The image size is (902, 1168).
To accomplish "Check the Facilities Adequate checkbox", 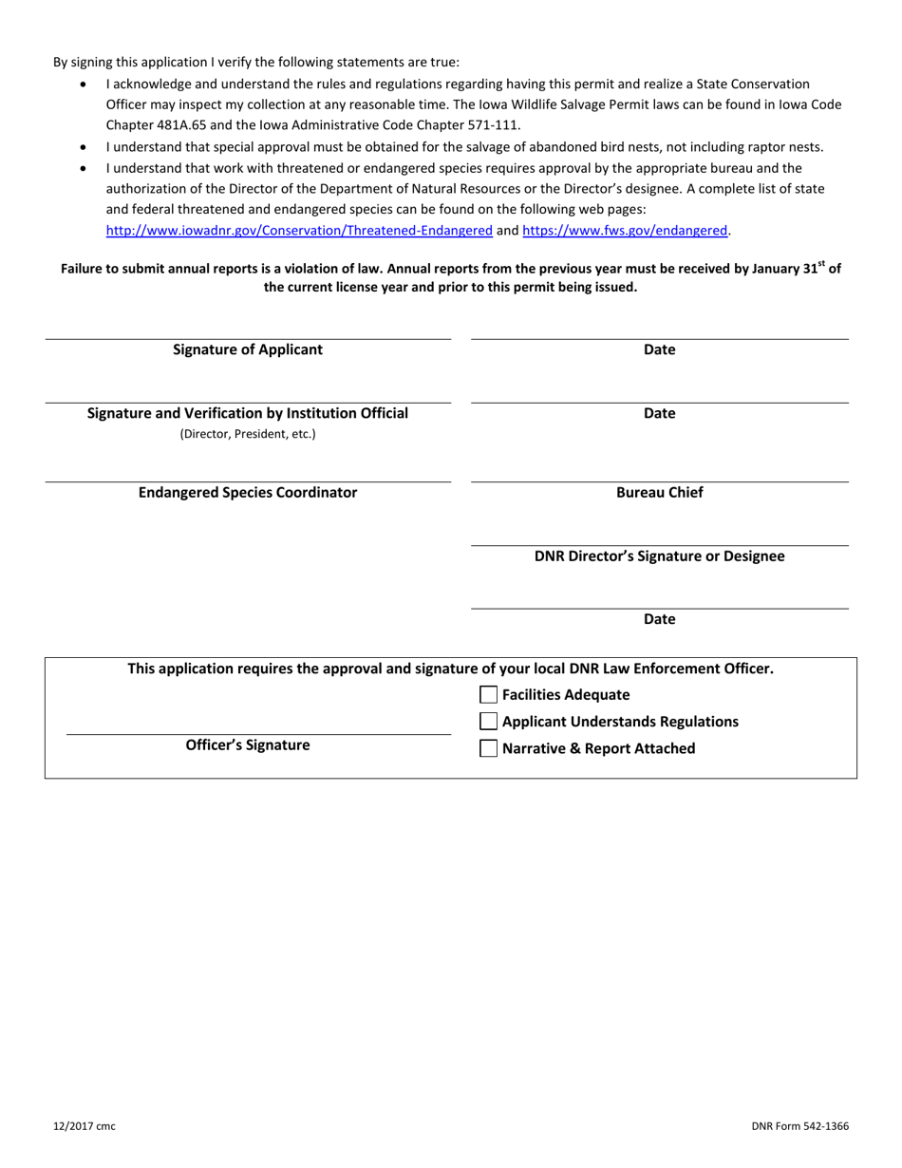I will click(489, 695).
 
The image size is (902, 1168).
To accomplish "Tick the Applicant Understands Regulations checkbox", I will click(489, 722).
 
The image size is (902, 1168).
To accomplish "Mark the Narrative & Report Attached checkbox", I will click(489, 748).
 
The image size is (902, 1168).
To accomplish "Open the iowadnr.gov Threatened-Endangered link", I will click(299, 230).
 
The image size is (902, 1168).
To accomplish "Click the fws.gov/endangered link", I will click(625, 230).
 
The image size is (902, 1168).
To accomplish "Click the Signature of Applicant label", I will click(248, 349).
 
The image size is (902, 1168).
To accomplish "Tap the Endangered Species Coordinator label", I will click(248, 493).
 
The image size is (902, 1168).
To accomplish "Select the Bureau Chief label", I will click(660, 493).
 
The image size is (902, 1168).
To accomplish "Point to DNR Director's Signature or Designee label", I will click(660, 556).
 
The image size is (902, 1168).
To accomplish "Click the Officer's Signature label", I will click(248, 745).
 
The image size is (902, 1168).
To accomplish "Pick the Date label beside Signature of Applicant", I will click(660, 349).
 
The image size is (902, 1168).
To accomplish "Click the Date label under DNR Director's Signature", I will click(660, 619).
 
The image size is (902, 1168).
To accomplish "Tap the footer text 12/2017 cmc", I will click(85, 1126).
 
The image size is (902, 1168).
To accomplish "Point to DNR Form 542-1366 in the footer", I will click(799, 1126).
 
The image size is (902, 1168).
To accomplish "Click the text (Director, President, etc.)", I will click(248, 434).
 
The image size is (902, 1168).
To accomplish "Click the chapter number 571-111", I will click(492, 124).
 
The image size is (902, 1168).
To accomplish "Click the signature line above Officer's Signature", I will click(258, 734).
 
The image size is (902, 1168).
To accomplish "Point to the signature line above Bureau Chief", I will click(660, 482).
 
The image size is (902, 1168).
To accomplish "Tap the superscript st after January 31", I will click(822, 264).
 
